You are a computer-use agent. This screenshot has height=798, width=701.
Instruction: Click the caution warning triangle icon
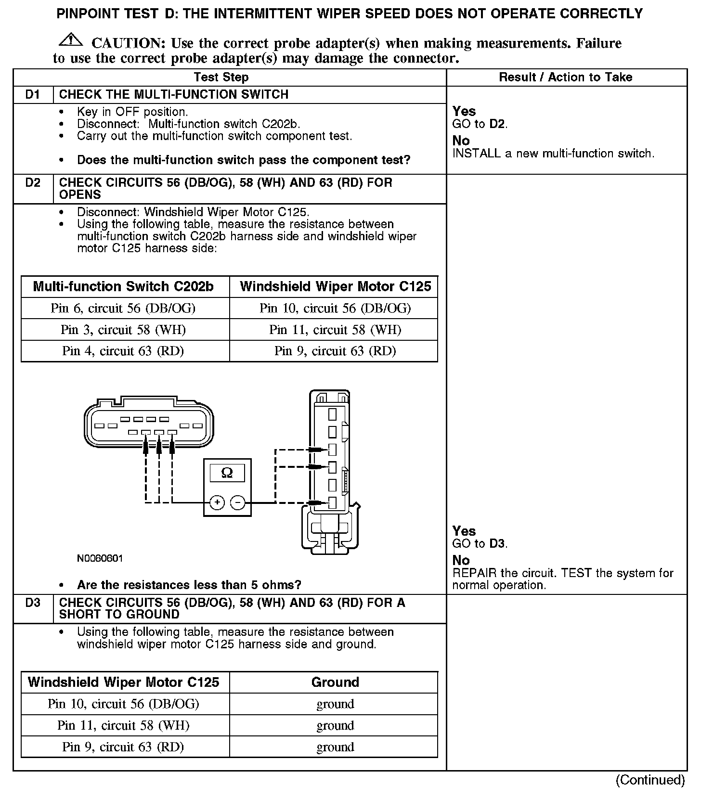(70, 40)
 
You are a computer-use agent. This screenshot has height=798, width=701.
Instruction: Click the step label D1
(33, 94)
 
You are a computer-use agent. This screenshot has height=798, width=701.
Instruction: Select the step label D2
(33, 183)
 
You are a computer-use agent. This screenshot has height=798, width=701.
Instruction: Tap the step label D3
(33, 603)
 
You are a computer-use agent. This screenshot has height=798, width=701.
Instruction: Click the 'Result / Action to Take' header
(565, 77)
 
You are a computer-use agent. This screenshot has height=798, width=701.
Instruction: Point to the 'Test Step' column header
(221, 77)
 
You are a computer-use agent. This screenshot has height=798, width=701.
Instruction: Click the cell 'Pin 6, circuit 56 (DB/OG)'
(123, 308)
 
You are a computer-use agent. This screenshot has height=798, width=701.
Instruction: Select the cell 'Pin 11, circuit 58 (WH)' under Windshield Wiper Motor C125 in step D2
(335, 330)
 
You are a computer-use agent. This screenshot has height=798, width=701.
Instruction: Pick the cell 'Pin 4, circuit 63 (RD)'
(123, 351)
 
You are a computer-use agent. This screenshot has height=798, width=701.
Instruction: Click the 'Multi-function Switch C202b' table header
(123, 286)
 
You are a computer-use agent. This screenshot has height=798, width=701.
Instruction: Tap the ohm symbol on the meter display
(227, 473)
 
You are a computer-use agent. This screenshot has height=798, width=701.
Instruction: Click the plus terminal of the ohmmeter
(217, 503)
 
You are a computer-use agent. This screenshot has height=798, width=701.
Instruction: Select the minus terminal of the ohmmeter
(237, 503)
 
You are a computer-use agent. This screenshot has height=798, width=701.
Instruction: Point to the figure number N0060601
(100, 558)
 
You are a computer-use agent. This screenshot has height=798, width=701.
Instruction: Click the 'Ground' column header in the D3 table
(335, 682)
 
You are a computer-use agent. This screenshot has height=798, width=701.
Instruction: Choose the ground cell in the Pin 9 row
(335, 747)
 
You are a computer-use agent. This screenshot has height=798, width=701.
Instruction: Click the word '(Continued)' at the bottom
(650, 780)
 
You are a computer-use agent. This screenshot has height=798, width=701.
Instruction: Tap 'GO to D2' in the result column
(480, 124)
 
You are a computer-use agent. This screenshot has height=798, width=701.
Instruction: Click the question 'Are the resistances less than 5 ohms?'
(189, 585)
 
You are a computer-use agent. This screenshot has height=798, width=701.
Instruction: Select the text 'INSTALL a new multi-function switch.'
(553, 154)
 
